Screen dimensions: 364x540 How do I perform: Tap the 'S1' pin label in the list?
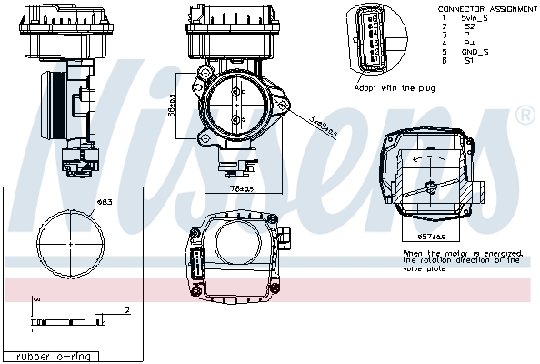point(470,61)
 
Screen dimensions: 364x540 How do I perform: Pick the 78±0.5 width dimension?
point(240,188)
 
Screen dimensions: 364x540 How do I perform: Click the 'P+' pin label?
point(469,43)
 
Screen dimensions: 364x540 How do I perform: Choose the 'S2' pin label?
point(469,25)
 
